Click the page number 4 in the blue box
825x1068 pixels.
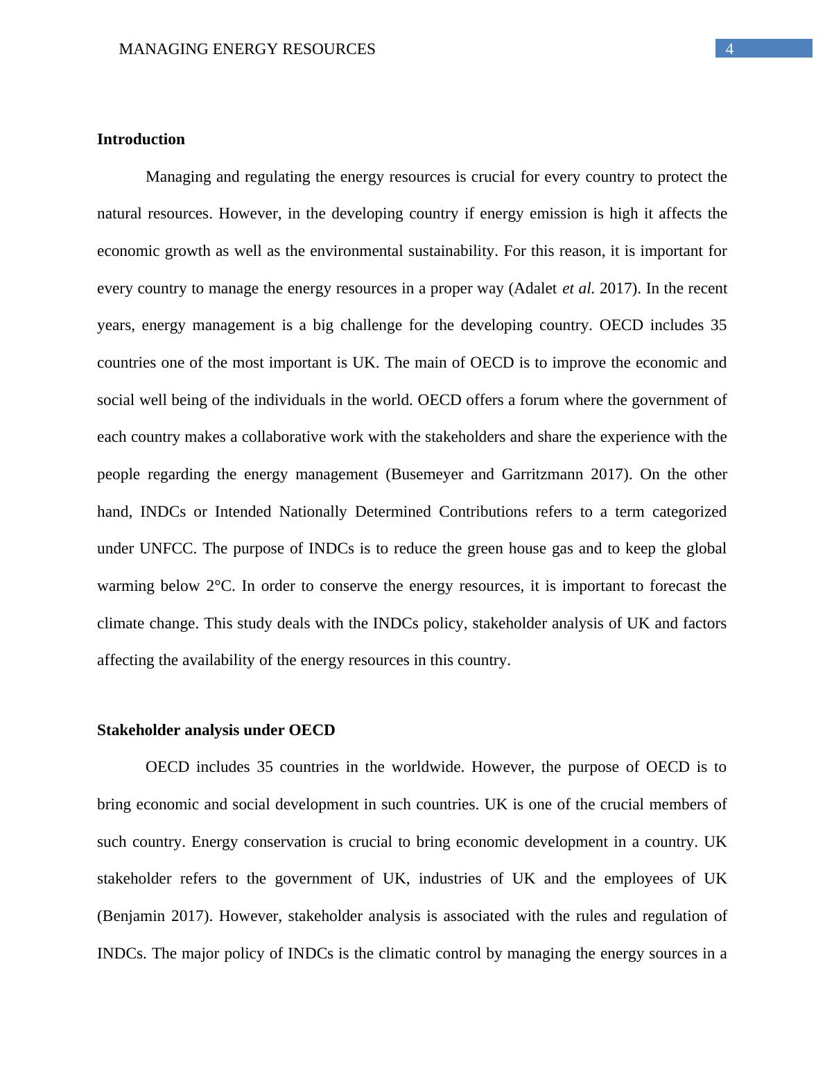point(729,49)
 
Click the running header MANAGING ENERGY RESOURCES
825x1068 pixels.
point(247,49)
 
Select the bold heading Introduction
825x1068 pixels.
point(141,139)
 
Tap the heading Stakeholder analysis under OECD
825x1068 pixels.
point(216,730)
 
